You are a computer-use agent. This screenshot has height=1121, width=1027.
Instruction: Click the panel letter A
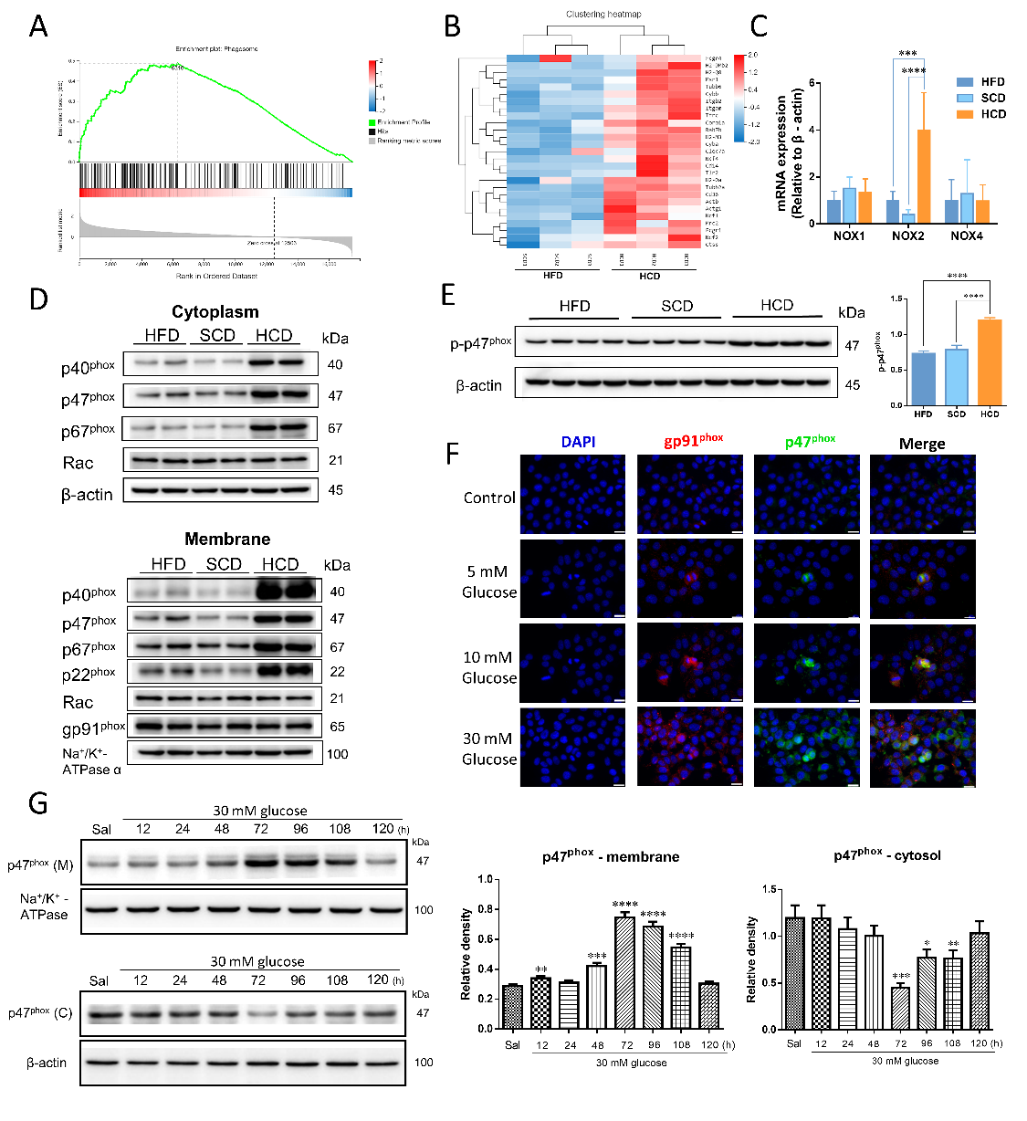coord(37,26)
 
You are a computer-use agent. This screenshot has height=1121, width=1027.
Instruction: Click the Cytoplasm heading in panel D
coord(215,312)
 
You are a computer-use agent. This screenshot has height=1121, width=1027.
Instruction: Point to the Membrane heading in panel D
coord(227,539)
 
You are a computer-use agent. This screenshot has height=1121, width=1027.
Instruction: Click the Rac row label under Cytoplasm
coord(79,463)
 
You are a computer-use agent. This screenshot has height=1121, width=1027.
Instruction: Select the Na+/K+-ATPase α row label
coord(90,761)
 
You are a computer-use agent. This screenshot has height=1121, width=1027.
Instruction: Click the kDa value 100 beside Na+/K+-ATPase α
coord(337,754)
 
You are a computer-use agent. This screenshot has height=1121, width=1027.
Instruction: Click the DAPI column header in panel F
coord(578,442)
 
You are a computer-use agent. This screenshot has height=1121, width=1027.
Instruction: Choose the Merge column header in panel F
coord(921,444)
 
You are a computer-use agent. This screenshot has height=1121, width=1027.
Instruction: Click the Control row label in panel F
coord(489,498)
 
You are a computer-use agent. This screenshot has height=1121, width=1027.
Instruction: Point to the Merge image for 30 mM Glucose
coord(922,748)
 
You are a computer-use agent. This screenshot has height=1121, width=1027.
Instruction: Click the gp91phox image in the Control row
coord(689,494)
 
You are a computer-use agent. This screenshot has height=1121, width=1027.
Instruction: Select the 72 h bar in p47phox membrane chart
coord(625,973)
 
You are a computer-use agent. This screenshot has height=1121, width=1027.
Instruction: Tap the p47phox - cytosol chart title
coord(886,855)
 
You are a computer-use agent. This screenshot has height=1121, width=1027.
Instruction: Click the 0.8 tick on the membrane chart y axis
coord(487,909)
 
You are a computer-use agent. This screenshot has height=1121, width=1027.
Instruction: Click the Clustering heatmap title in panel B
coord(603,15)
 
